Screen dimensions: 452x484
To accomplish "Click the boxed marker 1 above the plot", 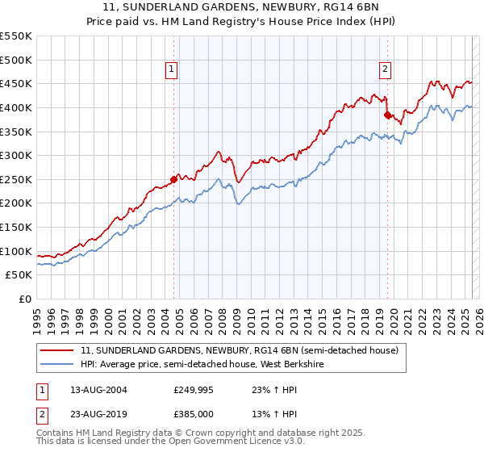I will click(172, 70).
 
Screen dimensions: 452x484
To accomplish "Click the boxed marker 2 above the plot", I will click(386, 70).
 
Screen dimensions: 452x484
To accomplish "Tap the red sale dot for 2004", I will click(173, 179).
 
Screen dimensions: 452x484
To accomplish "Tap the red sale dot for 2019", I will click(387, 115).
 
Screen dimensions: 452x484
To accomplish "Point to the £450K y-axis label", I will click(16, 83).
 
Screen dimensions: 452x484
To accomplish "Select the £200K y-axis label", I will click(16, 203).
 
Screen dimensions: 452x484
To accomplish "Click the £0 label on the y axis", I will click(24, 299).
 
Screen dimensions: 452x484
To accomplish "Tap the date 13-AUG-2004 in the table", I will click(98, 390).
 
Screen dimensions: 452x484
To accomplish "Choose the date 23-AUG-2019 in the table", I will click(98, 415).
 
